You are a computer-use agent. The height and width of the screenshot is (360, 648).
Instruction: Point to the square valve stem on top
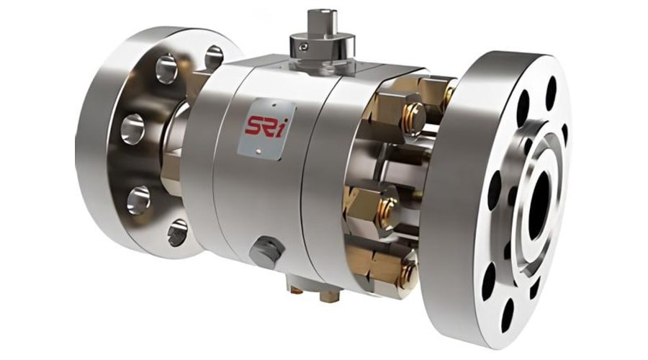click(x=319, y=22)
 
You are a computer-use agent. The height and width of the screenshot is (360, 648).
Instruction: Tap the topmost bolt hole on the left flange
click(x=214, y=57)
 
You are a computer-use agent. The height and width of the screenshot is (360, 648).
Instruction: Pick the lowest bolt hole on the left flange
click(x=177, y=233)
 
